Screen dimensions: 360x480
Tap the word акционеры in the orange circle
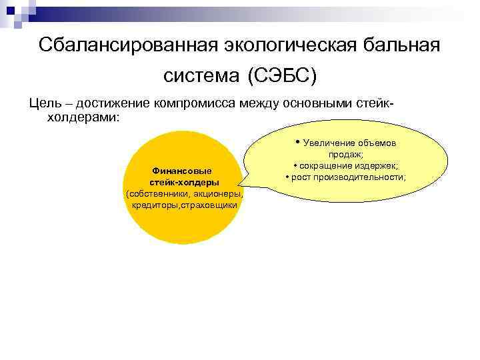215,193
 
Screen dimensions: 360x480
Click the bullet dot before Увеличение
298,142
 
